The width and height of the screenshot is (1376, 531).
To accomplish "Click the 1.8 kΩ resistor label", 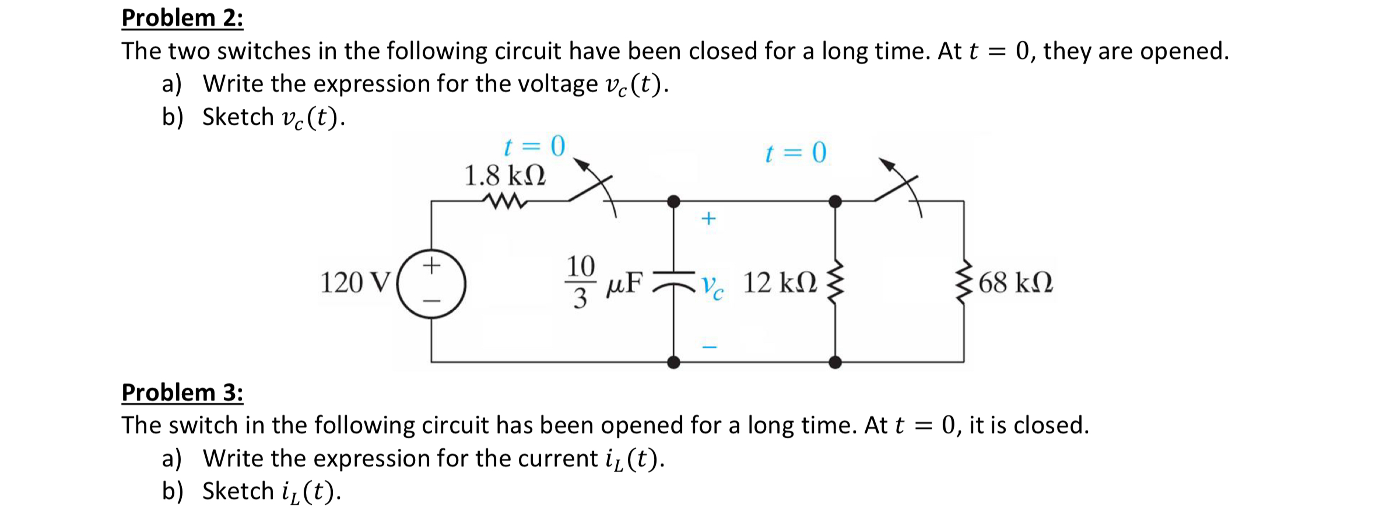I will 505,175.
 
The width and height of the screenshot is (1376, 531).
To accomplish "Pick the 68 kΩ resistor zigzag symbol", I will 964,282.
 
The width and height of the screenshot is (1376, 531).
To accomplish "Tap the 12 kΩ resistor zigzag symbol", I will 835,282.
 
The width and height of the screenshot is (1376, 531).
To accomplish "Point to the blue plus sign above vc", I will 708,218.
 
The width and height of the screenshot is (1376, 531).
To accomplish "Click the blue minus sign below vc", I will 709,347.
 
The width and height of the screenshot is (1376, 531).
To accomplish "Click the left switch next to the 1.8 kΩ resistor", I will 593,188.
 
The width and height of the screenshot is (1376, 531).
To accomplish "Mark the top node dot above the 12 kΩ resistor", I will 835,201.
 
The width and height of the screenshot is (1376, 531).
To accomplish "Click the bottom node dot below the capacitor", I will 674,362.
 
